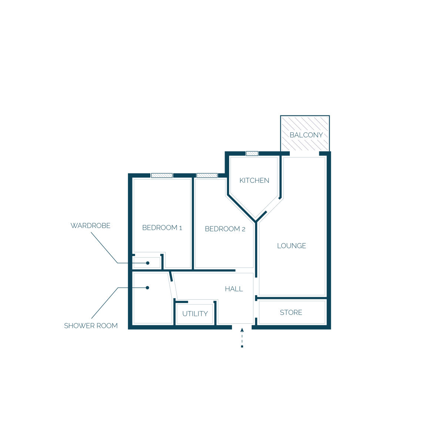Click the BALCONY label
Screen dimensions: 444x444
(x=306, y=135)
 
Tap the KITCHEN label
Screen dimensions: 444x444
(x=254, y=181)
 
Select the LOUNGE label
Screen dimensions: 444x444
(x=292, y=246)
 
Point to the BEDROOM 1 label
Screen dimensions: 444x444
(x=162, y=228)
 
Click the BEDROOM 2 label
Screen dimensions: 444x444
(x=225, y=229)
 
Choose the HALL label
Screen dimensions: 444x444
(x=234, y=289)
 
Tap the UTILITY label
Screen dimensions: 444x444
(x=195, y=314)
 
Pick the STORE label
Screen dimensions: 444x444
(x=291, y=312)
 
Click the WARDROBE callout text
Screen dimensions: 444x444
(x=90, y=226)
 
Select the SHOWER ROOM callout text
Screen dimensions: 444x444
(x=91, y=326)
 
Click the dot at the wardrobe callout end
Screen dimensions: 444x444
(x=148, y=263)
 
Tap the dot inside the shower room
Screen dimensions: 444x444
(x=148, y=288)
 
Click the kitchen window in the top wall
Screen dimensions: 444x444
(x=252, y=154)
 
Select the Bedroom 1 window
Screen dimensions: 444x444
(x=162, y=176)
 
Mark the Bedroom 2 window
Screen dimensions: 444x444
(x=207, y=176)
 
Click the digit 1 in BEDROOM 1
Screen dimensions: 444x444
(x=181, y=228)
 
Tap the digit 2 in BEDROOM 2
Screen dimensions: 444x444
(x=243, y=229)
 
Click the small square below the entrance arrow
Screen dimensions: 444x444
(x=242, y=347)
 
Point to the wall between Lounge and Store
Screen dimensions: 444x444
(x=291, y=298)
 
